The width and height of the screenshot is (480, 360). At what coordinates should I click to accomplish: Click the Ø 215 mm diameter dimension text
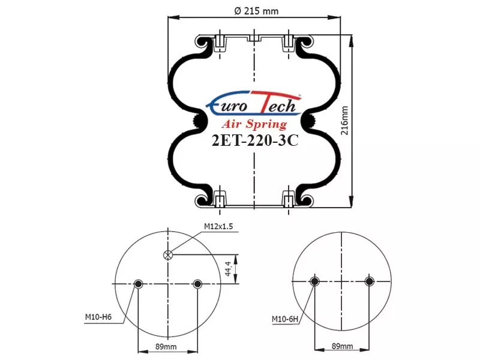(x=257, y=11)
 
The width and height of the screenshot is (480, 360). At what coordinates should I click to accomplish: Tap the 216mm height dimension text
(x=344, y=121)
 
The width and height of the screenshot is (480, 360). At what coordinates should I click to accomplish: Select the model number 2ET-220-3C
(x=255, y=140)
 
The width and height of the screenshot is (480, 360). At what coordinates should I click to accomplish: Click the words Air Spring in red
(x=254, y=124)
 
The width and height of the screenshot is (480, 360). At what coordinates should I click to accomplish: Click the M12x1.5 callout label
(x=218, y=226)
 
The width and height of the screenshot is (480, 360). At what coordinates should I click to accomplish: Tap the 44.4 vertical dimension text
(x=228, y=269)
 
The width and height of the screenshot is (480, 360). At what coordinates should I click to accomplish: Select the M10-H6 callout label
(x=98, y=317)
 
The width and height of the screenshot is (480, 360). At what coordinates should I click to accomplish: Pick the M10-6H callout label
(x=285, y=320)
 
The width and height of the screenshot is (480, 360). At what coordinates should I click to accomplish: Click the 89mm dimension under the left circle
(x=166, y=347)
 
